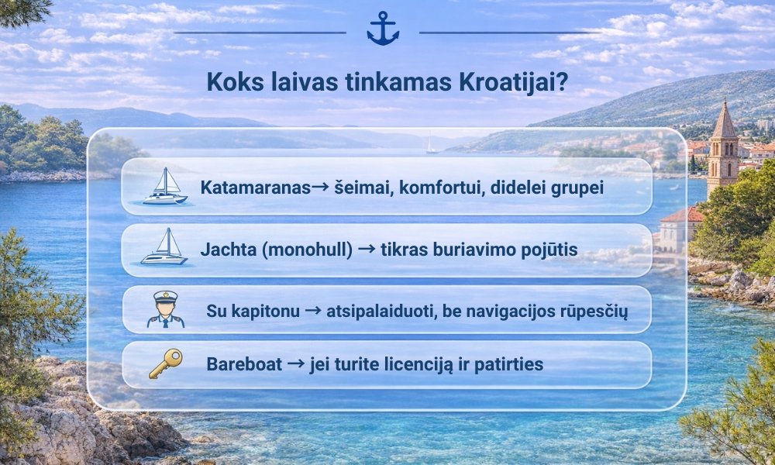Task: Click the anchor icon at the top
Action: pos(383,29)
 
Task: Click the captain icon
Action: pos(165,308)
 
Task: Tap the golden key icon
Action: pos(165,363)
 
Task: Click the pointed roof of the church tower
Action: pos(725,120)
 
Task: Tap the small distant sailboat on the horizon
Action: pos(431,145)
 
